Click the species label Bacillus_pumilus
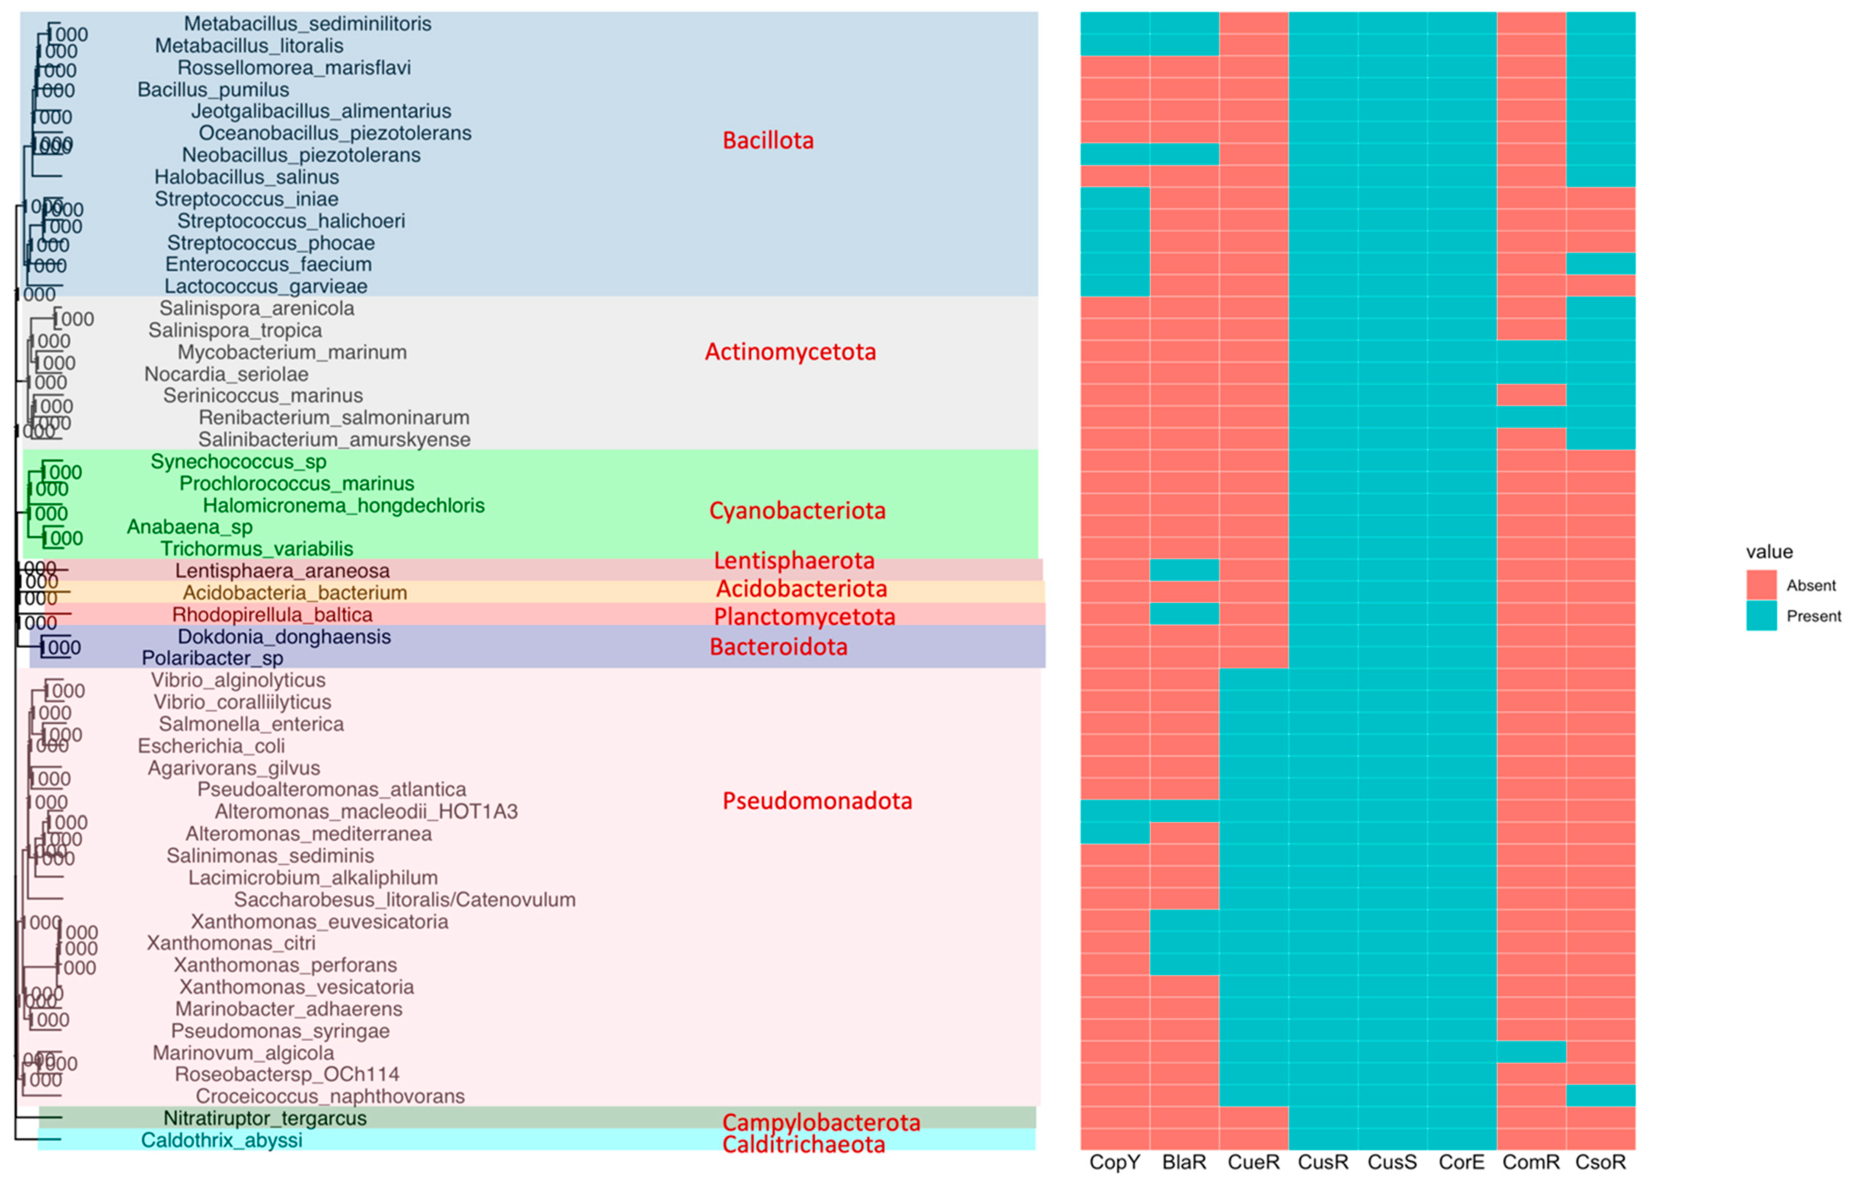(213, 89)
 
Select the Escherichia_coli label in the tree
(211, 746)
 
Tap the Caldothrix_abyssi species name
(222, 1140)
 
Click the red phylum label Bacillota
(767, 140)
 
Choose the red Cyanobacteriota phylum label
(797, 510)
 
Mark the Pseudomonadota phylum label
(817, 801)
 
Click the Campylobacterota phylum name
(821, 1122)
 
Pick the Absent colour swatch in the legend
(1761, 585)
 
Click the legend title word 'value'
(1769, 552)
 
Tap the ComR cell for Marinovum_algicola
(1531, 1052)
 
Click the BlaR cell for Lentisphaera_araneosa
(1184, 570)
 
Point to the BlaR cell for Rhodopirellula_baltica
(1184, 614)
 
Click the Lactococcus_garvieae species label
(266, 287)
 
